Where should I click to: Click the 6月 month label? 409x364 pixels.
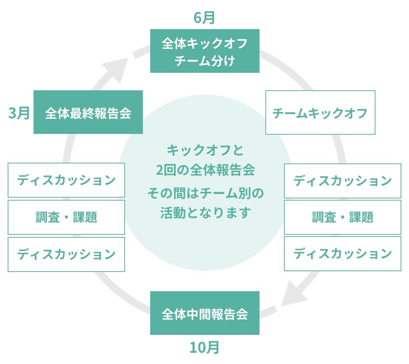pos(204,18)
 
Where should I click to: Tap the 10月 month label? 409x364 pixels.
pos(204,348)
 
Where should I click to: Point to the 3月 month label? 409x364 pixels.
pos(19,113)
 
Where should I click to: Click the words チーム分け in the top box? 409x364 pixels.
pos(204,60)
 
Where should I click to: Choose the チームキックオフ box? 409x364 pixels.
pos(320,112)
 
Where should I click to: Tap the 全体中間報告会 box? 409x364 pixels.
pos(204,313)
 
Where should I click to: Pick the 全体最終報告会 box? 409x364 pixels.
pos(88,112)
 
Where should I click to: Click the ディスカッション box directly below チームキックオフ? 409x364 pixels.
pos(342,181)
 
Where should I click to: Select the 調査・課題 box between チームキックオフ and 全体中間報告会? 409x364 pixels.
pos(342,217)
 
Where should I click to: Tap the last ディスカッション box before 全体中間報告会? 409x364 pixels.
pos(342,254)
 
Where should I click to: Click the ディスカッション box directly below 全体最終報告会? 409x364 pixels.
pos(66,180)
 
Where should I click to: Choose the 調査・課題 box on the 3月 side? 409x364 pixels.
pos(66,217)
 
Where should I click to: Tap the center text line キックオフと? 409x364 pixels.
pos(204,150)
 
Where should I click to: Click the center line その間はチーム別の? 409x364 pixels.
pos(204,192)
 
